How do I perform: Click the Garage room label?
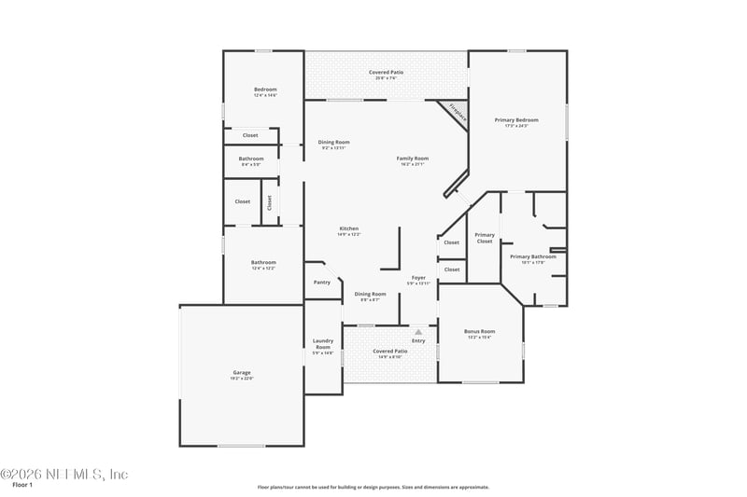(242, 372)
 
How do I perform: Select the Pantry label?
(322, 282)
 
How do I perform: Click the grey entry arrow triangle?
(419, 331)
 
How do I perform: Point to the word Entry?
(418, 340)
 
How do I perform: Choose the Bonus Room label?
(480, 331)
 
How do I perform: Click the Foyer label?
(419, 278)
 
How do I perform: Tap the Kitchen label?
(348, 228)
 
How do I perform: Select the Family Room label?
(413, 159)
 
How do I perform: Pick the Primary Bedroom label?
(515, 120)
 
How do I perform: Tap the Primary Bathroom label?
(532, 256)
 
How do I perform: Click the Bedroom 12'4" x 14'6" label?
(265, 90)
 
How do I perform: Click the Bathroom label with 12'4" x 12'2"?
(263, 262)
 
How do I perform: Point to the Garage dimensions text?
(242, 378)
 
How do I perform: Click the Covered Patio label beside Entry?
(389, 352)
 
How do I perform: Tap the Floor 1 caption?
(22, 485)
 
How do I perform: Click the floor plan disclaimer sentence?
(373, 487)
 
